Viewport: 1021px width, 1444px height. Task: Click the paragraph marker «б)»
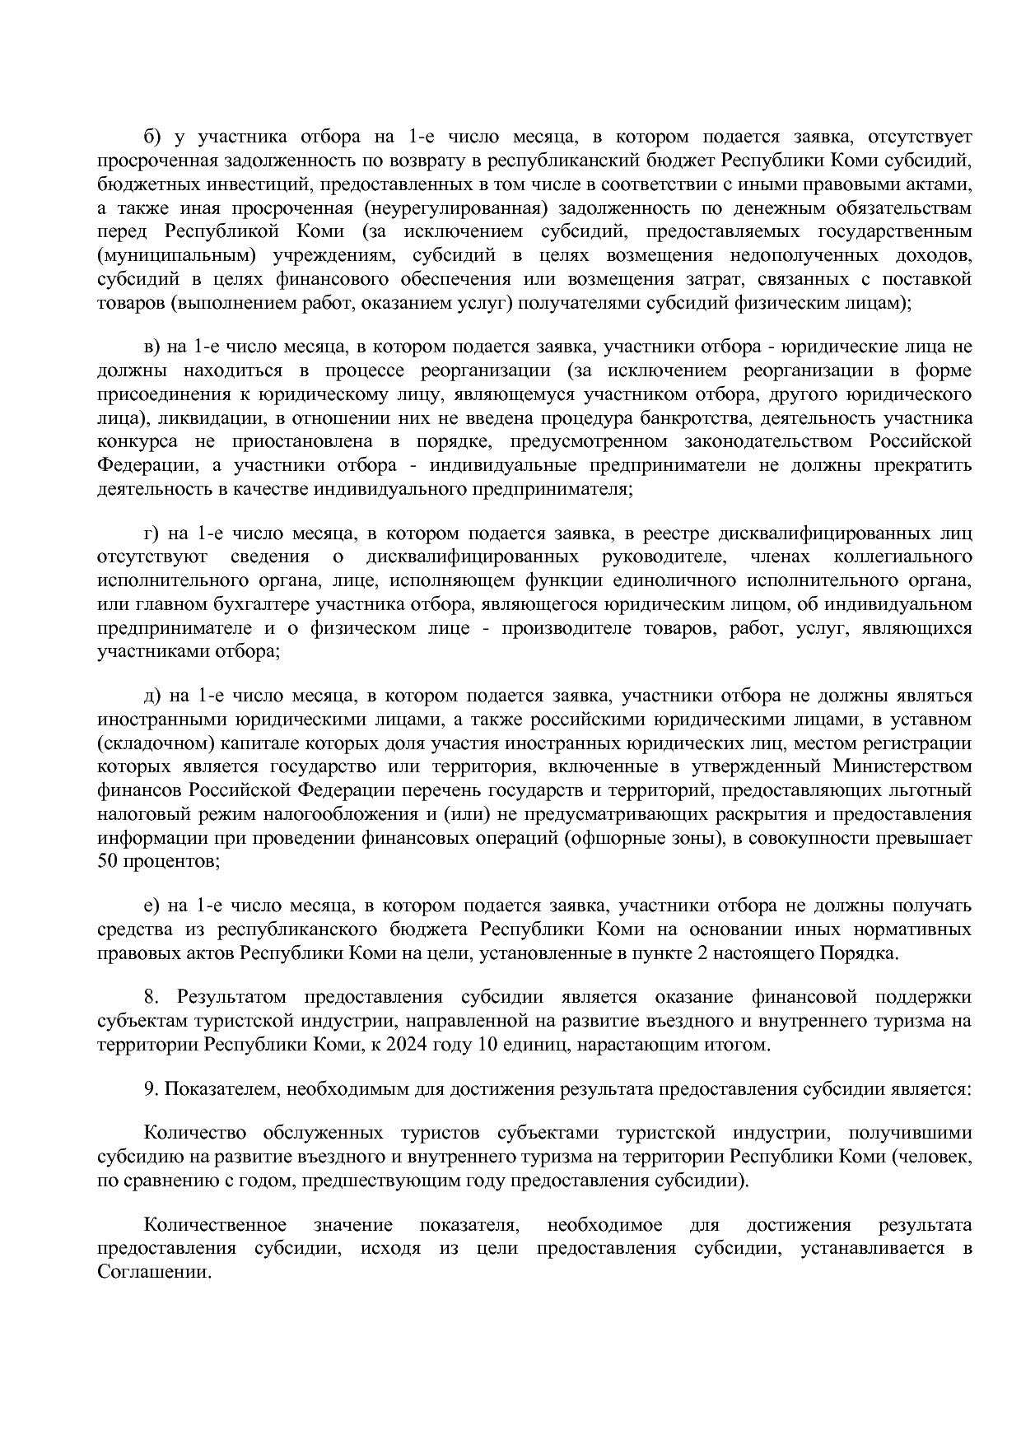(x=152, y=136)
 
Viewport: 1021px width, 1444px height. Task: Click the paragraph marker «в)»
(x=152, y=346)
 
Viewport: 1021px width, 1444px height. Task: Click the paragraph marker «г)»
(x=152, y=533)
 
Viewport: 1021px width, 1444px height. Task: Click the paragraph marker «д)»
(x=152, y=696)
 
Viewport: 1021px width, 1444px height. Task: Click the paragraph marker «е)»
(x=152, y=906)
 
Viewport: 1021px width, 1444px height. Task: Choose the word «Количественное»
(x=215, y=1224)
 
